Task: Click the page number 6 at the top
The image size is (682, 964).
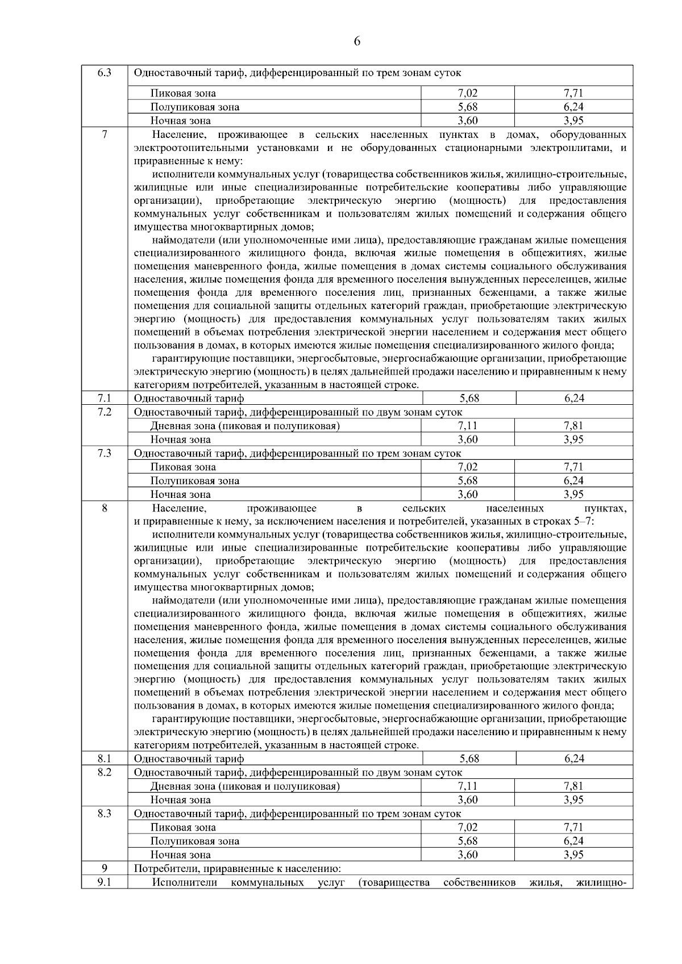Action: pos(357,41)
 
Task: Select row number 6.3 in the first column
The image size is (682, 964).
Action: pos(104,73)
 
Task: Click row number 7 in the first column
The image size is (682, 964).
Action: pos(104,135)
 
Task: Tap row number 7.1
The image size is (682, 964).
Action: pos(104,398)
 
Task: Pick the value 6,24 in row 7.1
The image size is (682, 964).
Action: pos(574,398)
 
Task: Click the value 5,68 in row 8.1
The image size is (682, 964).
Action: pos(469,758)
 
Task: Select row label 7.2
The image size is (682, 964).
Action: pos(104,412)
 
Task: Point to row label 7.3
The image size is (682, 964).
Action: pos(104,453)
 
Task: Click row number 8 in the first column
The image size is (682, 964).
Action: pos(104,508)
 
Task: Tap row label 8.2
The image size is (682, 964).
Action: pos(104,772)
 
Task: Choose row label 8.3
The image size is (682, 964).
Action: pos(104,814)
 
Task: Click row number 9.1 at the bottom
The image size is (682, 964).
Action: pos(104,882)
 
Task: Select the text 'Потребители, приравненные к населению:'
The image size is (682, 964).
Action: pos(238,869)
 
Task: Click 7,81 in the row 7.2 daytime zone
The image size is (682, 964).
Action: pos(574,426)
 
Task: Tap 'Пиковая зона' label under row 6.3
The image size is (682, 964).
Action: pos(183,93)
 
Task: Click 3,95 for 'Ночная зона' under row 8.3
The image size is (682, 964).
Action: pos(574,855)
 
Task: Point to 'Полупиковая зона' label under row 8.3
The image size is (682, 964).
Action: pos(194,841)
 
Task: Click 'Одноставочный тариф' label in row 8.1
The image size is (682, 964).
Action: pos(189,758)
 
